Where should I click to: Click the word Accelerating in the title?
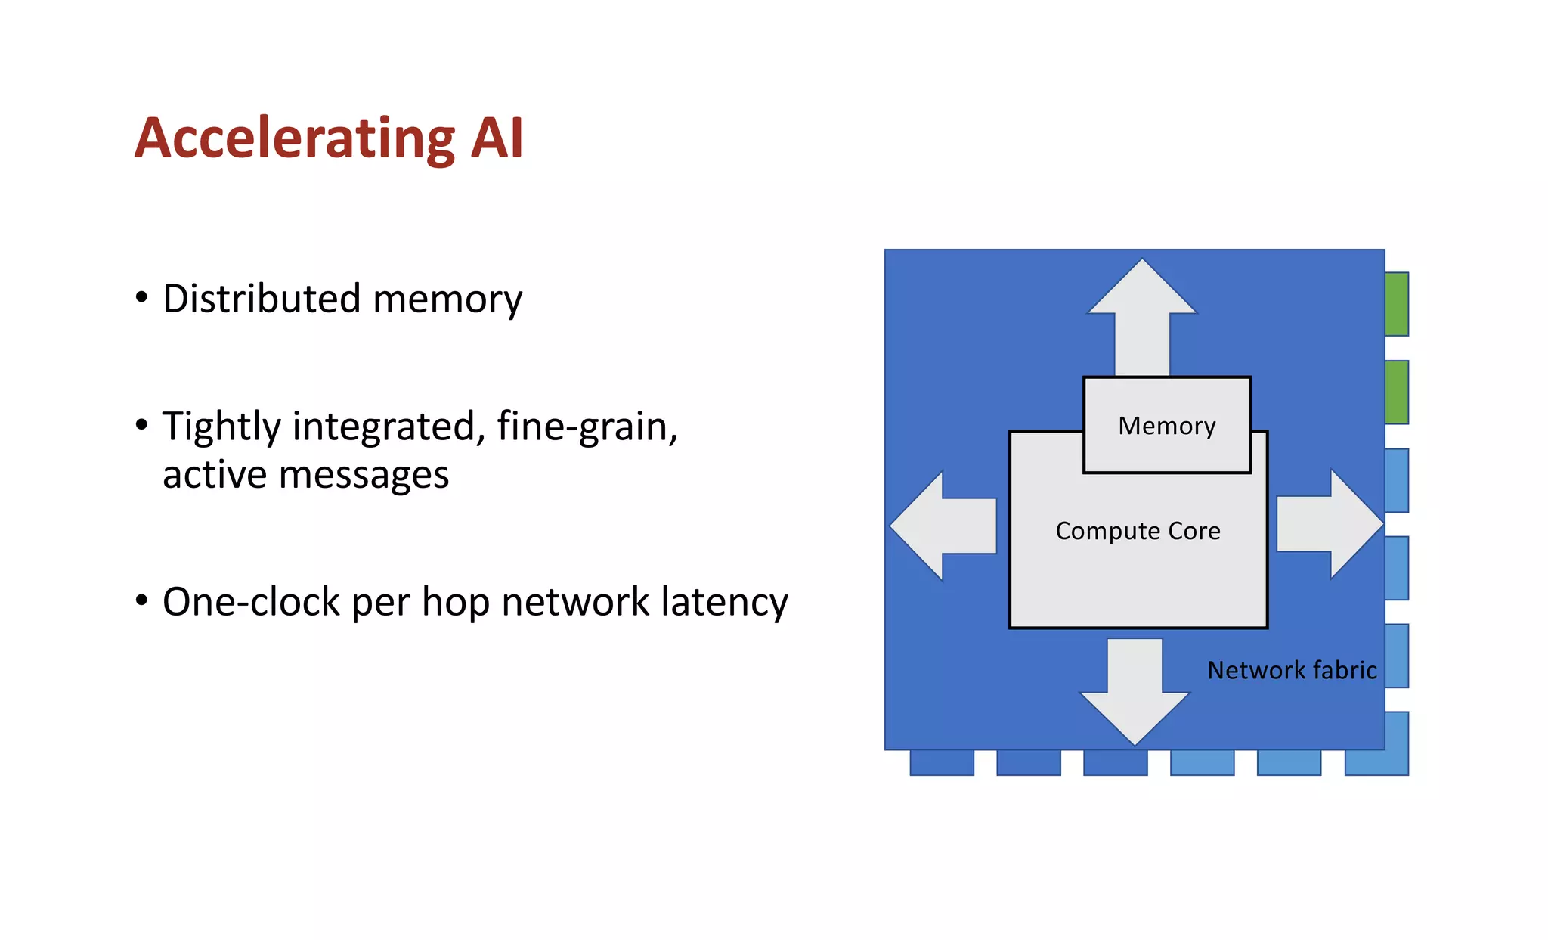point(295,138)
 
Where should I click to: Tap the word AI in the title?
point(496,138)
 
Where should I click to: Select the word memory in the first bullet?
point(447,299)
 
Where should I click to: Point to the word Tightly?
point(222,427)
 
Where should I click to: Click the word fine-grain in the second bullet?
point(587,427)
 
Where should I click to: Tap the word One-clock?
point(251,603)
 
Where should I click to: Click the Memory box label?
point(1166,426)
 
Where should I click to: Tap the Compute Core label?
point(1138,531)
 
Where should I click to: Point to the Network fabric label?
point(1292,670)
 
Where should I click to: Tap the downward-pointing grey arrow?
point(1135,696)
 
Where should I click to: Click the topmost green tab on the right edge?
point(1397,304)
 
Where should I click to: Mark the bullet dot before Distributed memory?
point(141,298)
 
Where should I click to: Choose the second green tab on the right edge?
point(1397,392)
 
